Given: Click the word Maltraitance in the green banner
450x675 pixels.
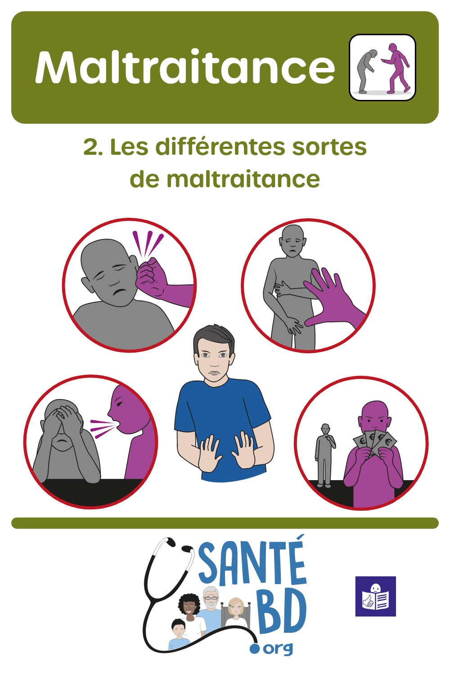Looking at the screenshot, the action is pyautogui.click(x=185, y=67).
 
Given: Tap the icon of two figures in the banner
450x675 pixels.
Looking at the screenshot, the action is pyautogui.click(x=382, y=67).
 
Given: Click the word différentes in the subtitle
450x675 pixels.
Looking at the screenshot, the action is pyautogui.click(x=220, y=147).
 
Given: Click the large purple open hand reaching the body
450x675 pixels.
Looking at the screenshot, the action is pyautogui.click(x=332, y=297).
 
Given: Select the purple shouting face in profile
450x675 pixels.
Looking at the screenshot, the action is pyautogui.click(x=125, y=410).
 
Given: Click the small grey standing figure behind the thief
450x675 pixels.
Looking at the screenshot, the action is pyautogui.click(x=324, y=454).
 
